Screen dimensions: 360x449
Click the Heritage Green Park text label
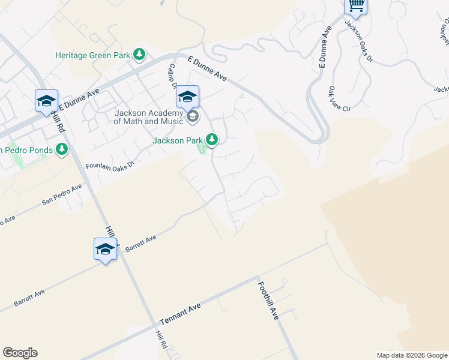click(x=92, y=55)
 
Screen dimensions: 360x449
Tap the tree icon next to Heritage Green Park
click(x=139, y=55)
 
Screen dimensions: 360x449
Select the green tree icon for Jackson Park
click(x=211, y=140)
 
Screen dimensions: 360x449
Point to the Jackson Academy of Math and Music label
click(x=148, y=117)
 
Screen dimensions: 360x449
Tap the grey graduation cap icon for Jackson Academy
click(x=193, y=116)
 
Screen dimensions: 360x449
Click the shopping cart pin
click(x=356, y=6)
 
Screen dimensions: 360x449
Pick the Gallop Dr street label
click(x=172, y=76)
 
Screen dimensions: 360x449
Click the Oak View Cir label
click(x=339, y=99)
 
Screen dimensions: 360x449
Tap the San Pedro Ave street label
click(x=62, y=195)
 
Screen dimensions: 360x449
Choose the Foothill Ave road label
click(x=268, y=301)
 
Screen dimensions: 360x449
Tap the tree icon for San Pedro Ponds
click(x=61, y=149)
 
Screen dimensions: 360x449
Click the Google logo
click(x=20, y=353)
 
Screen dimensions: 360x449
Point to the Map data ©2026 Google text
click(x=411, y=355)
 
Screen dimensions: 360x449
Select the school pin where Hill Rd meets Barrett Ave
click(x=105, y=249)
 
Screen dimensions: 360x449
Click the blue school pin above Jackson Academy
click(x=188, y=97)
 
